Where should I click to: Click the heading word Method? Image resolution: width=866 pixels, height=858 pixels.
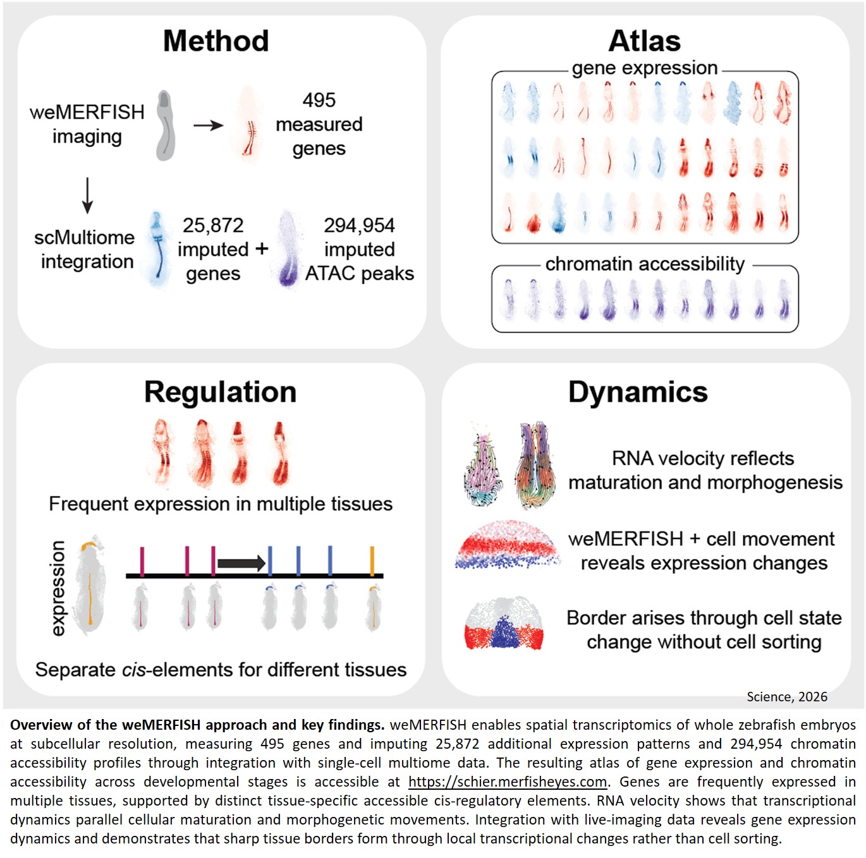[x=216, y=41]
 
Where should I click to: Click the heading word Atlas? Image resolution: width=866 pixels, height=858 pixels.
[x=644, y=41]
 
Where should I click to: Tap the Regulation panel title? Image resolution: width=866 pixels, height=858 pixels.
[x=220, y=392]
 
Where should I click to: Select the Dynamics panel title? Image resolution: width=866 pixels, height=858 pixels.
[x=638, y=392]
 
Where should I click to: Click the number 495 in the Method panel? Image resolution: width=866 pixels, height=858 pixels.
[x=319, y=100]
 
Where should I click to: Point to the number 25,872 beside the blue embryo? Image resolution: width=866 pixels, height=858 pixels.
[x=213, y=225]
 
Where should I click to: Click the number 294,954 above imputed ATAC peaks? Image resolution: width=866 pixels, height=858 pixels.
[x=359, y=225]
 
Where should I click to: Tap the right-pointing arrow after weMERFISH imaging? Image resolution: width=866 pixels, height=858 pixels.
[x=208, y=125]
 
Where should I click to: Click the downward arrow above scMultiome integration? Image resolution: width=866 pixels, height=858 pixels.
[x=87, y=195]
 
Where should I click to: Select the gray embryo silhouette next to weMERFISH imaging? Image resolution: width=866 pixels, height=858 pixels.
[x=165, y=125]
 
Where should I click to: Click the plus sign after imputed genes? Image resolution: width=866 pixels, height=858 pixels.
[x=262, y=249]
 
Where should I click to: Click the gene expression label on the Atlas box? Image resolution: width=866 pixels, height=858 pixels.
[x=644, y=68]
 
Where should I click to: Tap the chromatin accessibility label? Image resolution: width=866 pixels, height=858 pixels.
[x=645, y=263]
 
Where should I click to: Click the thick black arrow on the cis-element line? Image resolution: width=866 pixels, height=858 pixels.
[x=241, y=562]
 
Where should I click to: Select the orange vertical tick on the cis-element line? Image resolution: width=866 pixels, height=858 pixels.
[x=372, y=561]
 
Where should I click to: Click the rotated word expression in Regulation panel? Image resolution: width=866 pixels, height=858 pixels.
[x=58, y=588]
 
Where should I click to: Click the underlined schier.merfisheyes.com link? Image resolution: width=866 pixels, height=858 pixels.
[x=508, y=782]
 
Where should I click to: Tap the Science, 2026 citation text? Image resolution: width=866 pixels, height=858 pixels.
[x=786, y=696]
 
